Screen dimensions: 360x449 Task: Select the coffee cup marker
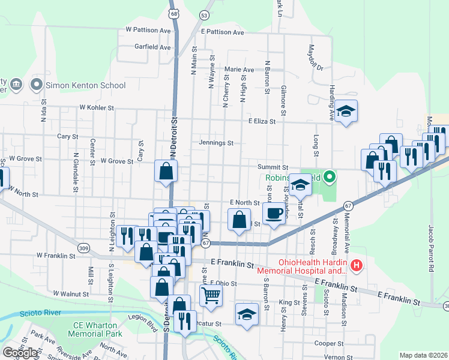point(274,214)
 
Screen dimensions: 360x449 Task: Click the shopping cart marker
point(211,295)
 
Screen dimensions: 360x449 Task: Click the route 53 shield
point(205,15)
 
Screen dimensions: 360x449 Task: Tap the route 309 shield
point(83,247)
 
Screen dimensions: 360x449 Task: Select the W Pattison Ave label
point(149,29)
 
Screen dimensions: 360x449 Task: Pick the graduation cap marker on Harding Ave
point(346,111)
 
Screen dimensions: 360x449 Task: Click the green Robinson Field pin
point(329,177)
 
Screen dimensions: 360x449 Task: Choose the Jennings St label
point(216,143)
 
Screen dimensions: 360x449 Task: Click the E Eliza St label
point(262,121)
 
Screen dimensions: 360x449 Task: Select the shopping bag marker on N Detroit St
point(166,170)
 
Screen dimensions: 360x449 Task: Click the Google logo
point(20,353)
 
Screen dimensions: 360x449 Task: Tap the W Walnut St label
point(71,294)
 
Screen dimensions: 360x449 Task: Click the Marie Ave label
point(240,70)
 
